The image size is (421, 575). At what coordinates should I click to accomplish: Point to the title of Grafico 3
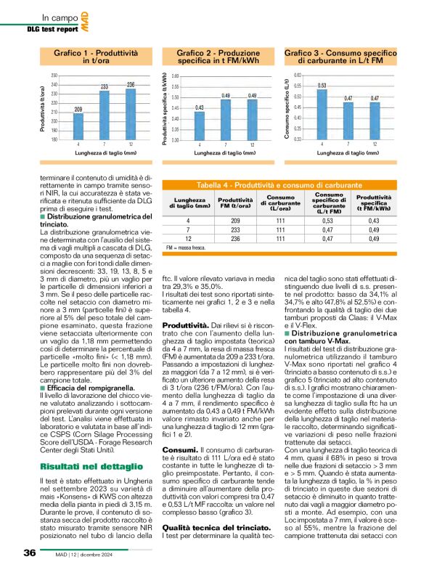point(342,57)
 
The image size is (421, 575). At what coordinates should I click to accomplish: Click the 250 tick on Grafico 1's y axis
point(53,76)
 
